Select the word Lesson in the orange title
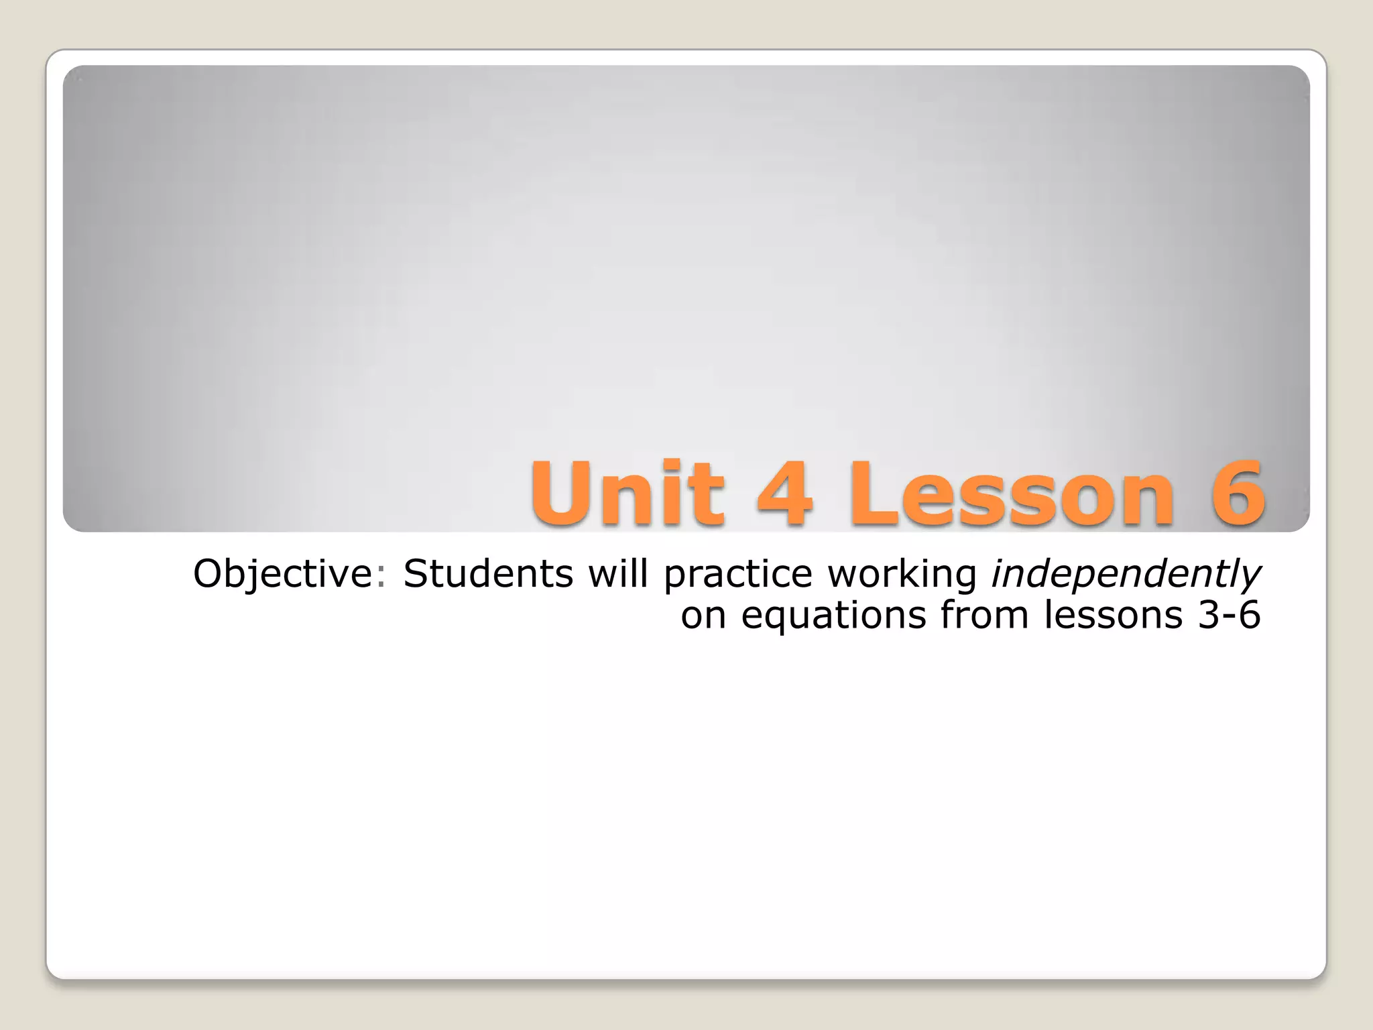click(x=1012, y=495)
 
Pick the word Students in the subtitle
click(x=488, y=574)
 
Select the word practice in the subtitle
click(x=737, y=575)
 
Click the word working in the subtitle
click(x=902, y=575)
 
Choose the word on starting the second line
click(x=703, y=616)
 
